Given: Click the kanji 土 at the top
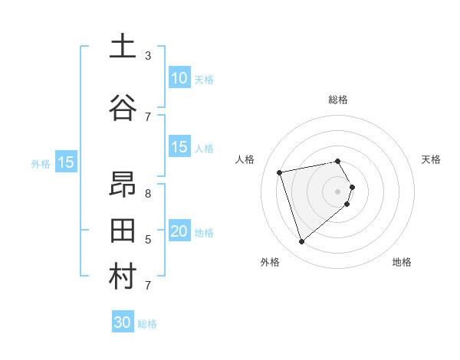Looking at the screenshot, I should pyautogui.click(x=122, y=47).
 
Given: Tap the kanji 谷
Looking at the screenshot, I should pyautogui.click(x=122, y=108).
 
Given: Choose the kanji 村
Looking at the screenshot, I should pyautogui.click(x=122, y=277).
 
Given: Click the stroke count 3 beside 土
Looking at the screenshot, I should pyautogui.click(x=148, y=55).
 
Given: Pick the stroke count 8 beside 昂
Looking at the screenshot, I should pyautogui.click(x=148, y=193).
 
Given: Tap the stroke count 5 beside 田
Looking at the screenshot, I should pyautogui.click(x=148, y=239).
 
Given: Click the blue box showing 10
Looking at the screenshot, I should pyautogui.click(x=179, y=78).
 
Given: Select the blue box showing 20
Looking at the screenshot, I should pyautogui.click(x=179, y=231).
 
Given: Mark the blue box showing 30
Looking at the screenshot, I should pyautogui.click(x=122, y=322).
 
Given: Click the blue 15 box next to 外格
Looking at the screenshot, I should pyautogui.click(x=65, y=162).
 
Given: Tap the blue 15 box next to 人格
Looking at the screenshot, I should pyautogui.click(x=179, y=147).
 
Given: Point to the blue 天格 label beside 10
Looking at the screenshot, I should pyautogui.click(x=204, y=79).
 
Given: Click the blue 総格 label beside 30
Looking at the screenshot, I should pyautogui.click(x=147, y=324).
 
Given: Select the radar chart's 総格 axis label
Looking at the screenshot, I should pyautogui.click(x=338, y=100).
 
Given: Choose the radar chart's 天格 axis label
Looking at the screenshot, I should pyautogui.click(x=431, y=159).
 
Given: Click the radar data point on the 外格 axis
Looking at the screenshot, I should pyautogui.click(x=301, y=242).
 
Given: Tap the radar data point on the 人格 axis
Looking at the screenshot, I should pyautogui.click(x=280, y=172).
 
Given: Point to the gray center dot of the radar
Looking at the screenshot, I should pyautogui.click(x=338, y=191).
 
